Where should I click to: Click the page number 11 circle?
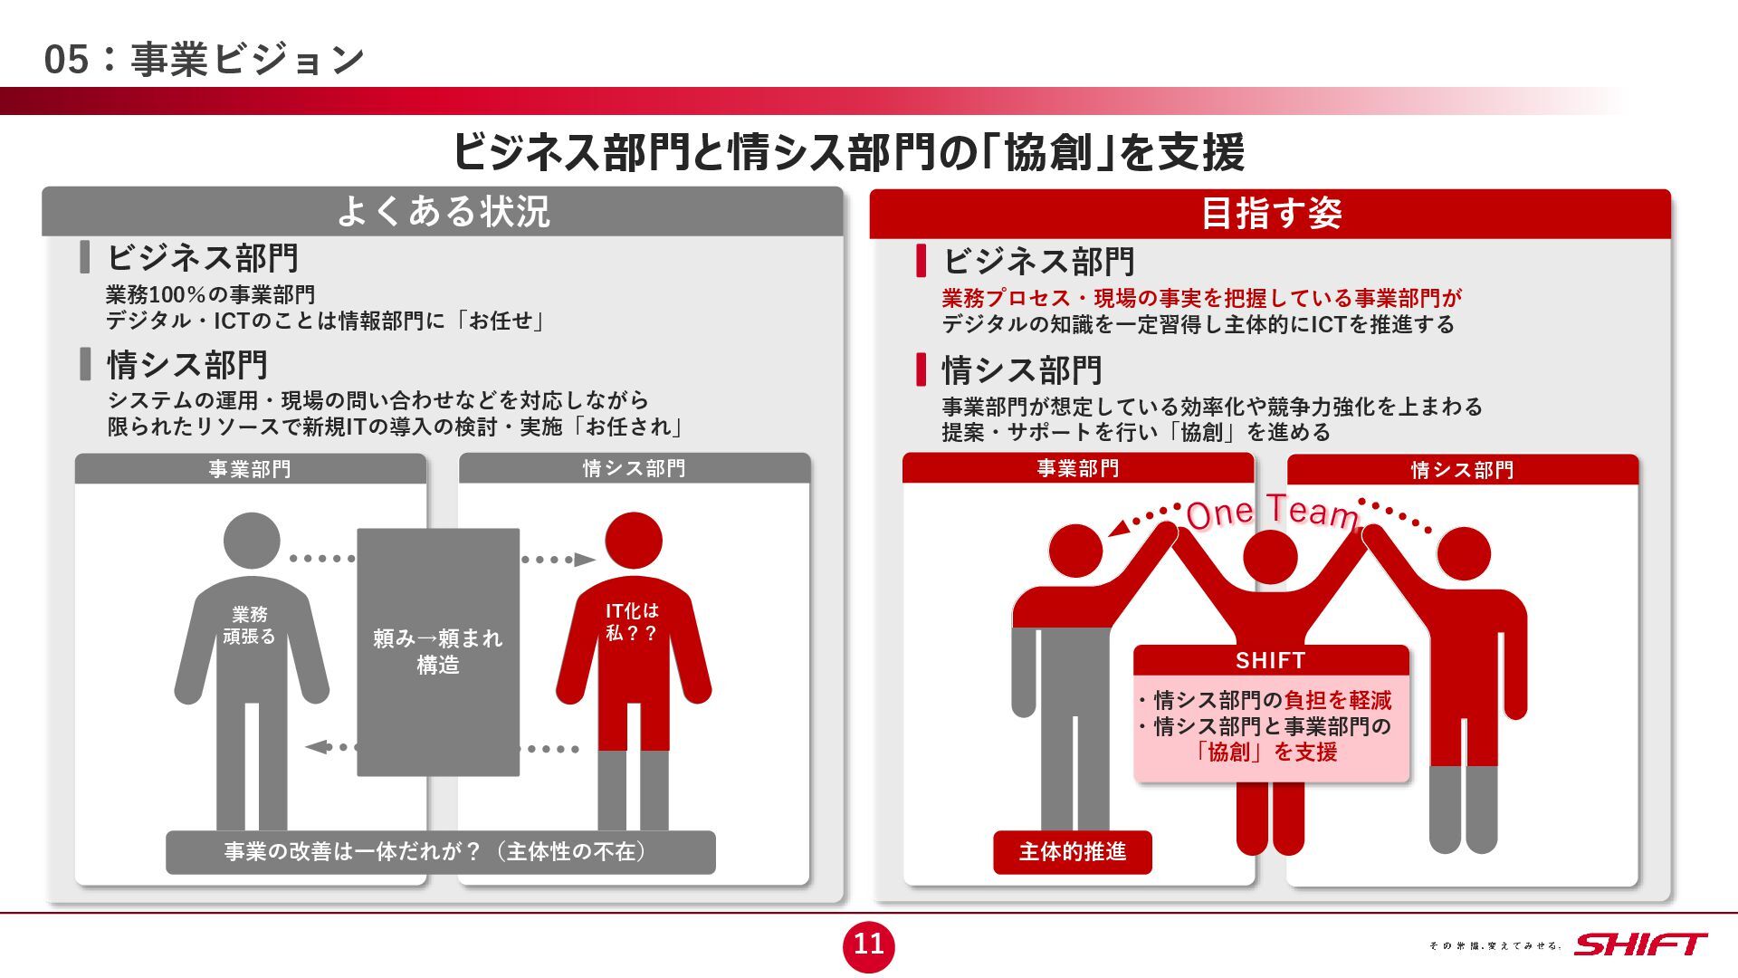tap(868, 944)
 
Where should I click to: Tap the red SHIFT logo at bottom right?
tap(1640, 944)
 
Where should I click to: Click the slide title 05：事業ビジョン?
tap(204, 60)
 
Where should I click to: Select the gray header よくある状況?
tap(443, 212)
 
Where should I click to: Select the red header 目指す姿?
tap(1270, 214)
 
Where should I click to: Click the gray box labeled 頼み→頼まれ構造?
tap(438, 652)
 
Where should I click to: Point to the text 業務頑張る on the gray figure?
tap(249, 626)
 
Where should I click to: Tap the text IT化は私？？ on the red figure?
tap(632, 622)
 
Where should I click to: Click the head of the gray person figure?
tap(252, 542)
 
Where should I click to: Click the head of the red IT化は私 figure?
tap(634, 542)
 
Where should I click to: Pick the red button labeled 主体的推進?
tap(1073, 852)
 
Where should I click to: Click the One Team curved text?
tap(1272, 513)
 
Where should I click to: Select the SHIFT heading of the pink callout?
tap(1271, 661)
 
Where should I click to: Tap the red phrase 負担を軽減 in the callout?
tap(1338, 700)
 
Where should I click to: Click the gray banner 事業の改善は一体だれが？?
tap(441, 852)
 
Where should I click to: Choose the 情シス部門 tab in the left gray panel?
tap(634, 468)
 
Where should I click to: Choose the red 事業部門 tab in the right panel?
tap(1078, 468)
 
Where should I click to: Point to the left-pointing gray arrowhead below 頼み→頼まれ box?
tap(316, 747)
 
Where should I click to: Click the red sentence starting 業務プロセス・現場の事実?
tap(1202, 298)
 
